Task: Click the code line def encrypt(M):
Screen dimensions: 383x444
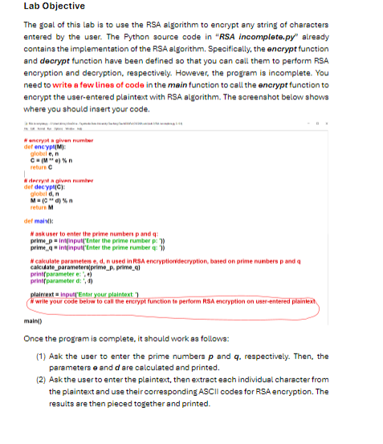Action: (x=44, y=149)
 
